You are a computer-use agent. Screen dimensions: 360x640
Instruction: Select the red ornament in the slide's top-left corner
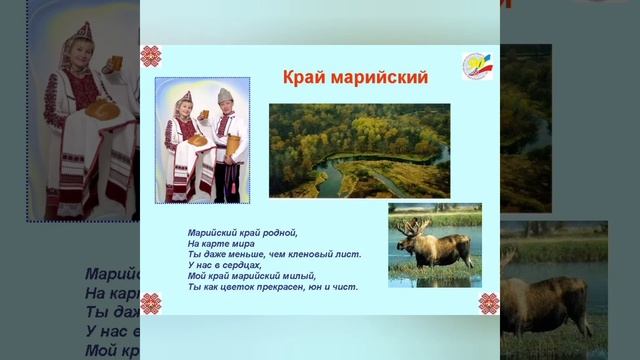click(151, 56)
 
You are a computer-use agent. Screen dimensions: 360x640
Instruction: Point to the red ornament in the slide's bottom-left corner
click(150, 302)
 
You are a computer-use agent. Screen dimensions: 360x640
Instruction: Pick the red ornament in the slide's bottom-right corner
click(488, 302)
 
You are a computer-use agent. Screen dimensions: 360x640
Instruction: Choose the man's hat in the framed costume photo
click(225, 96)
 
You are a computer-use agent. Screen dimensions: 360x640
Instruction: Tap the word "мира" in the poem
click(243, 243)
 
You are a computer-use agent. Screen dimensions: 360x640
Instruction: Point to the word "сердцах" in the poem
click(241, 265)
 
